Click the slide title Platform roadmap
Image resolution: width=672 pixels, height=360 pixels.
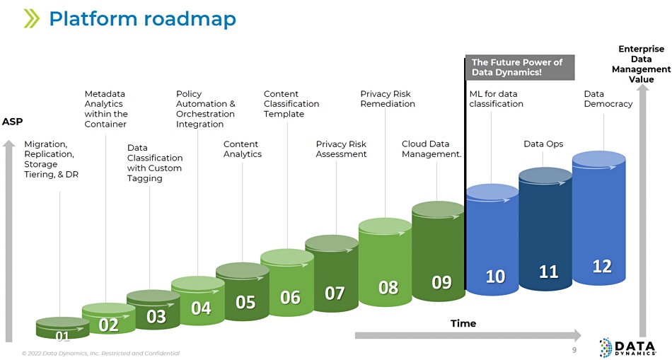coord(142,19)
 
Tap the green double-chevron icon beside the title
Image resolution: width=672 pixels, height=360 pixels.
coord(31,19)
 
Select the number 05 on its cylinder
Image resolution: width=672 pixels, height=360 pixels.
coord(245,303)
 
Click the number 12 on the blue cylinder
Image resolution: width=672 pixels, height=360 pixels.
coord(602,267)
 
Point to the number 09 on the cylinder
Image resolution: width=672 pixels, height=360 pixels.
coord(441,282)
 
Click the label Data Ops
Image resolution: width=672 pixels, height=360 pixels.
coord(543,144)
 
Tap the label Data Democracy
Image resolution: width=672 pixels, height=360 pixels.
coord(608,98)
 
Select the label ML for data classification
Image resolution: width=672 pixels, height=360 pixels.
coord(497,98)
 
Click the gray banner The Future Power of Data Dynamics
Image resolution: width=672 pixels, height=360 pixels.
coord(520,67)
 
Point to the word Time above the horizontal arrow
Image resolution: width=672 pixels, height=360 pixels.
coord(463,323)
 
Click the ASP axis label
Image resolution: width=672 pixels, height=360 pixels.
coord(13,122)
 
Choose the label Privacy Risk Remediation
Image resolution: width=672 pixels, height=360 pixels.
coord(388,98)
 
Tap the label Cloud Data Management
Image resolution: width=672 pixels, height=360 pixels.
coord(431,149)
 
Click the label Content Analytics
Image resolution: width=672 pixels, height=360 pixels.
coord(243,149)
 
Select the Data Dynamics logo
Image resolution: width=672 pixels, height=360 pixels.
coord(628,347)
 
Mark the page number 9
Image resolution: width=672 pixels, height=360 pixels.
coord(574,350)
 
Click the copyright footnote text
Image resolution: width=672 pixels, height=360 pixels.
coord(100,354)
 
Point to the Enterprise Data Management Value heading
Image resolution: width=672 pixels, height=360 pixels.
coord(641,64)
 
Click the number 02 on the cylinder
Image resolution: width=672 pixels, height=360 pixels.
coord(108,325)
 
